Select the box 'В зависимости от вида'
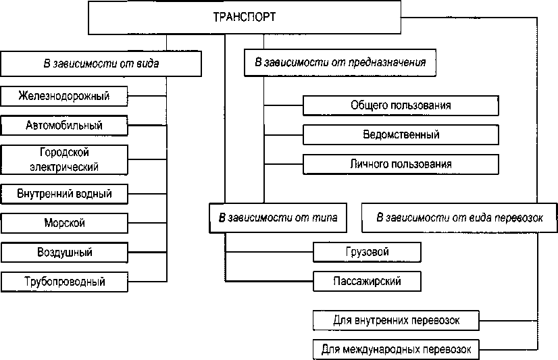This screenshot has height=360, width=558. (101, 64)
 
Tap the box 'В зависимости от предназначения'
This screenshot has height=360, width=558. (340, 63)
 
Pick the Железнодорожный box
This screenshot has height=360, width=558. (64, 96)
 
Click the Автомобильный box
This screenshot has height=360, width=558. (64, 126)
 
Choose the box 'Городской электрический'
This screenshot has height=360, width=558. (64, 159)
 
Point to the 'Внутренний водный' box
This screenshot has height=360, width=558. (64, 194)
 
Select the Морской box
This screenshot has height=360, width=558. (64, 223)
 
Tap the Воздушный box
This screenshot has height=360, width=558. (64, 253)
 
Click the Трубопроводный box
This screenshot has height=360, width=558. (64, 282)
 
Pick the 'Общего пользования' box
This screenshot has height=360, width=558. (401, 105)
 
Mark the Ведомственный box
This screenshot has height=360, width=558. (401, 134)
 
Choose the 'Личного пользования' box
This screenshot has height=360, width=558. (401, 164)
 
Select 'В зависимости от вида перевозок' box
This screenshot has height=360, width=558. (459, 217)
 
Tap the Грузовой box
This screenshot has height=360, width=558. (367, 252)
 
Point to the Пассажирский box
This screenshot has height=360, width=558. (367, 281)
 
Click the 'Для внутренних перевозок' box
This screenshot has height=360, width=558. (397, 320)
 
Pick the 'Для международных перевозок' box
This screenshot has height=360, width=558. (397, 350)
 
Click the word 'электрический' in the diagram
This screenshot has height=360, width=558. (64, 166)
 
